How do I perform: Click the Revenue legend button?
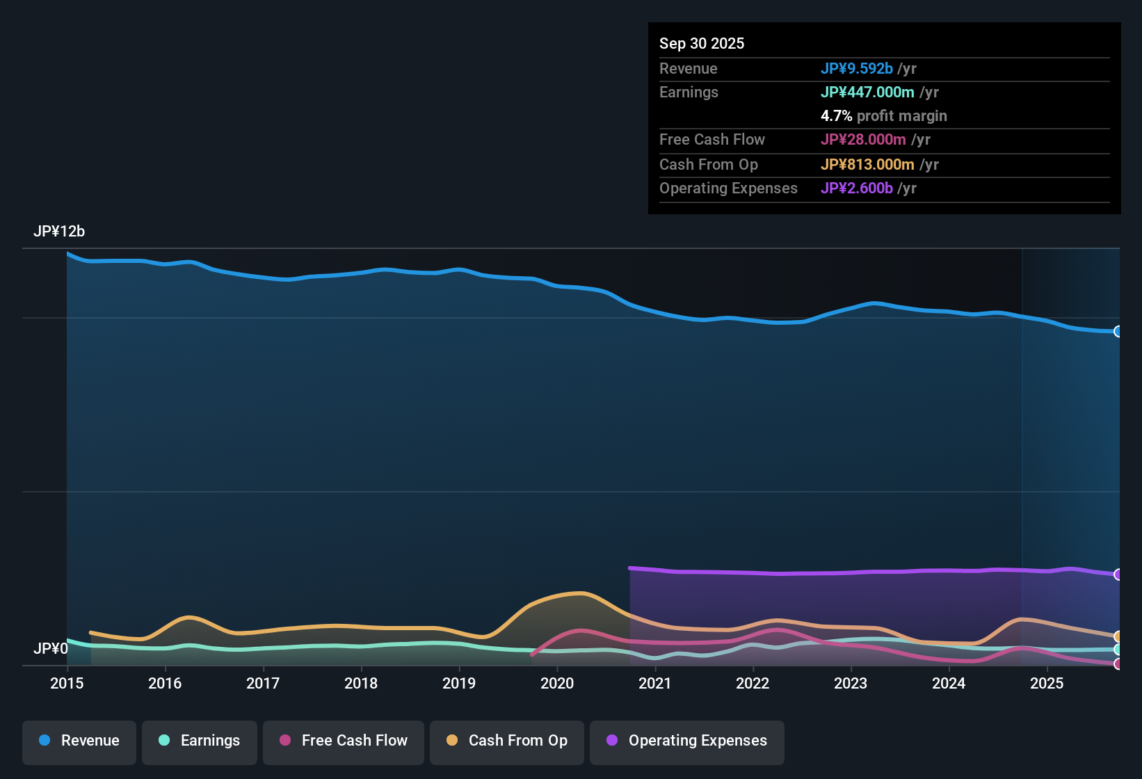tap(79, 741)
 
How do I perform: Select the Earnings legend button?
tap(200, 741)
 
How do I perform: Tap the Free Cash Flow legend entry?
tap(344, 741)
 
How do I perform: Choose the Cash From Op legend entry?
tap(507, 741)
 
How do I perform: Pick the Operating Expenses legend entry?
tap(687, 741)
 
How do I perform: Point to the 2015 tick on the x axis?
tap(67, 683)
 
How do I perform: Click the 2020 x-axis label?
tap(557, 683)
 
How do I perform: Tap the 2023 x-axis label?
tap(851, 683)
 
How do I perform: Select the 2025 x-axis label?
tap(1047, 683)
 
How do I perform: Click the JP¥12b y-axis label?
tap(59, 232)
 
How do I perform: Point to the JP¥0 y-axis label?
tap(51, 649)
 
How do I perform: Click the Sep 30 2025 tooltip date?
tap(702, 43)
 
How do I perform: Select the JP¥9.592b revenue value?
tap(856, 68)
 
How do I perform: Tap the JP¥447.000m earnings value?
tap(867, 92)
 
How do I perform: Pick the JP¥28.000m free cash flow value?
tap(863, 139)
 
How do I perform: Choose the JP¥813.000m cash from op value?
tap(867, 164)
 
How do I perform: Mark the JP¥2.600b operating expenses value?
tap(856, 188)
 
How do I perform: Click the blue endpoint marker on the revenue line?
tap(1118, 332)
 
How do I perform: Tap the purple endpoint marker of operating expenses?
tap(1118, 575)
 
